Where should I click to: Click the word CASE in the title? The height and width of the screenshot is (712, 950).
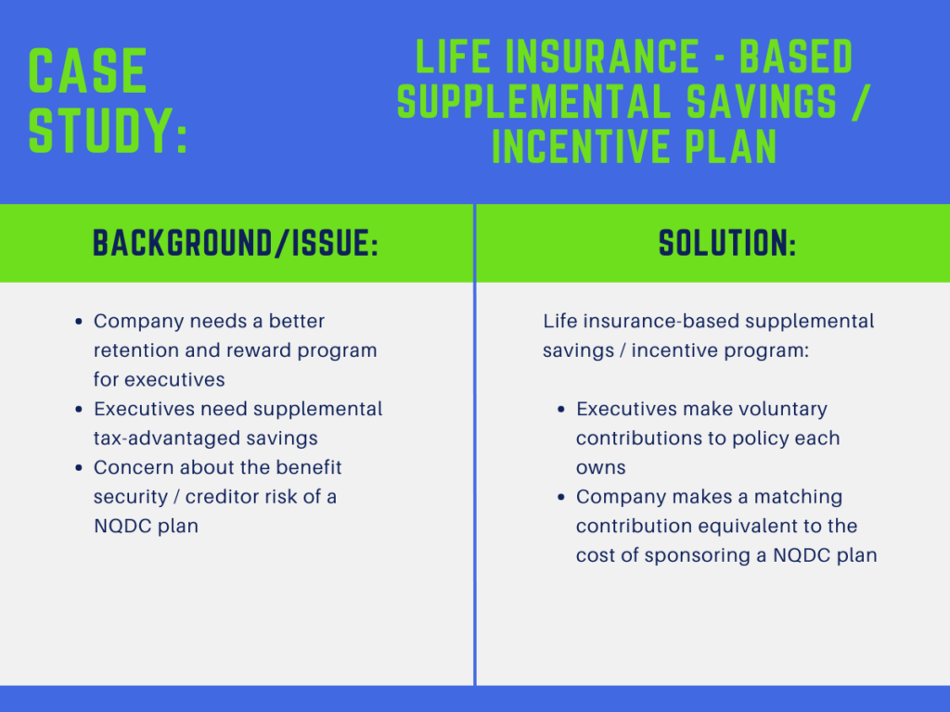[88, 71]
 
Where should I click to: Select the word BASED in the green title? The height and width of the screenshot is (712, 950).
[796, 58]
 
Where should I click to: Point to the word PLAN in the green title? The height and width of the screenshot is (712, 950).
[727, 146]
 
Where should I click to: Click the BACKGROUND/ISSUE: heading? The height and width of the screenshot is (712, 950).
[236, 243]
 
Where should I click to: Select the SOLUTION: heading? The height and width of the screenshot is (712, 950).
[727, 243]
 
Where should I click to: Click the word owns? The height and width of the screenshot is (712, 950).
[600, 468]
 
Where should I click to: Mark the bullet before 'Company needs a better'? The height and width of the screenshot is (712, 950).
[79, 322]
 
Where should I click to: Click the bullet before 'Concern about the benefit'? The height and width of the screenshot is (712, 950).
[79, 468]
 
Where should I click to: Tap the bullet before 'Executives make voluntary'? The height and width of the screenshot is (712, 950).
[561, 410]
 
